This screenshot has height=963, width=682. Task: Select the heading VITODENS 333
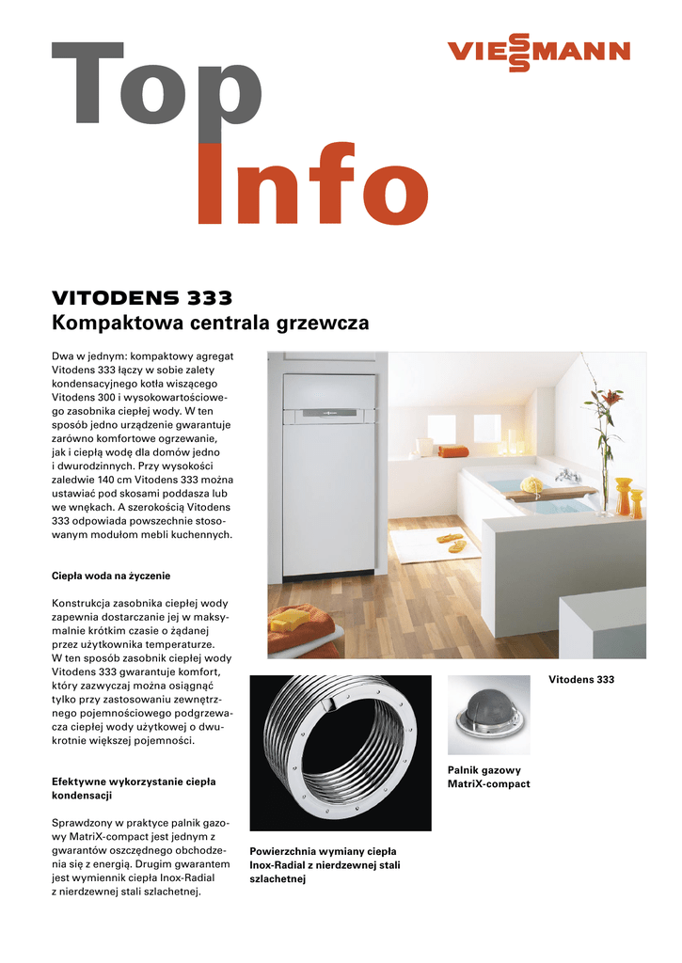[x=141, y=299]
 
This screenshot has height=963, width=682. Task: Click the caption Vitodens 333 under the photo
[x=580, y=679]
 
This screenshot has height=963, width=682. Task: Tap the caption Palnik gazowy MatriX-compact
[x=488, y=777]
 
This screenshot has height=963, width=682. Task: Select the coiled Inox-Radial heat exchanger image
[x=340, y=752]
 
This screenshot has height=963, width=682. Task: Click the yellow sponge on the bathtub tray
[x=532, y=484]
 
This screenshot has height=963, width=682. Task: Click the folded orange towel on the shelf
[x=453, y=451]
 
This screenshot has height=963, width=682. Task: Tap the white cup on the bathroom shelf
[x=426, y=445]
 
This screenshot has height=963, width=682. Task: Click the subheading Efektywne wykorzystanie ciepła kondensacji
[x=134, y=788]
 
